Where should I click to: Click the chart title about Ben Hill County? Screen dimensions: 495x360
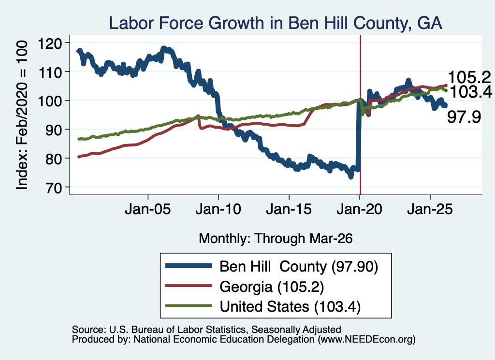point(275,23)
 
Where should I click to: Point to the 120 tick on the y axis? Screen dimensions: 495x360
point(49,43)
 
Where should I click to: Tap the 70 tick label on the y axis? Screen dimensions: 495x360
point(53,187)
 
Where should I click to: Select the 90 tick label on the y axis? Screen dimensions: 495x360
point(53,130)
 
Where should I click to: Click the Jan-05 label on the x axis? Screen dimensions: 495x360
point(148,209)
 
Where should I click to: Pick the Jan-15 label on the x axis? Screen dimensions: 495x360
point(289,209)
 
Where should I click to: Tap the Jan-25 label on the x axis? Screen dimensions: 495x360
point(430,209)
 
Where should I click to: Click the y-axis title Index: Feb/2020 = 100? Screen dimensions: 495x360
point(22,115)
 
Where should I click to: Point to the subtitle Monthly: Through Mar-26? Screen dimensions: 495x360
point(276,239)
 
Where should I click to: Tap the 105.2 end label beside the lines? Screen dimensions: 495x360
point(469,78)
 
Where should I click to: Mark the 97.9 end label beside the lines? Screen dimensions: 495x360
point(464,117)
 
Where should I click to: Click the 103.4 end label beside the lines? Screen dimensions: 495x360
point(470,92)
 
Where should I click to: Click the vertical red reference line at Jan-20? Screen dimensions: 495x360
point(360,115)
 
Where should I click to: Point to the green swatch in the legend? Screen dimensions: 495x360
point(189,306)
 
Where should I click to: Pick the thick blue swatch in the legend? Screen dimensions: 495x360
point(189,266)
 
